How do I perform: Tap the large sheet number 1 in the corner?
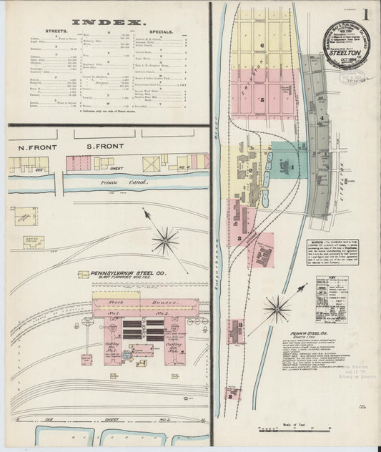[365, 16]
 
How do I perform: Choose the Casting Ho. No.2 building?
[175, 349]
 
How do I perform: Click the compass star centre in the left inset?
[165, 240]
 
